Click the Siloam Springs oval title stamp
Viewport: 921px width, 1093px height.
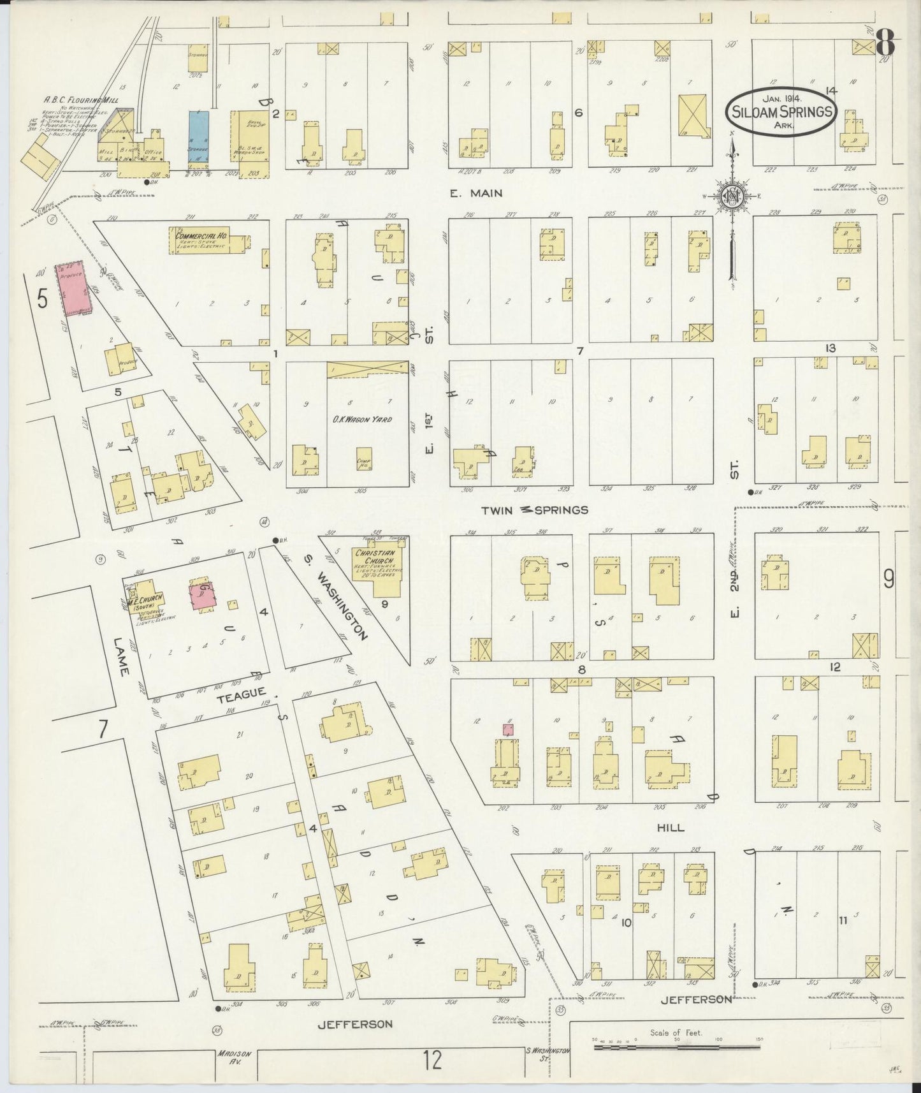click(x=781, y=111)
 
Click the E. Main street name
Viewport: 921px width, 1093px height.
click(x=476, y=193)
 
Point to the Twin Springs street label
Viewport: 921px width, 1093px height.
click(x=534, y=510)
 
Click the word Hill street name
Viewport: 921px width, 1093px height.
click(x=671, y=827)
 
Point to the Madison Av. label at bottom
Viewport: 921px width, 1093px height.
click(x=231, y=1058)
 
